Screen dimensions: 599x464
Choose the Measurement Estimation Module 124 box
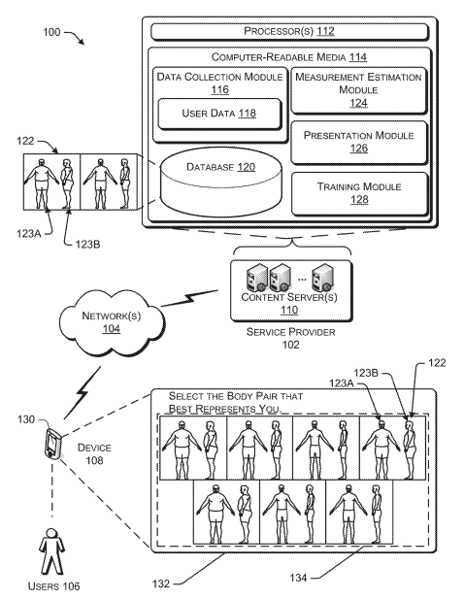pyautogui.click(x=359, y=89)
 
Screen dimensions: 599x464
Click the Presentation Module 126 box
pyautogui.click(x=359, y=142)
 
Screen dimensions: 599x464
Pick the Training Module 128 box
pyautogui.click(x=359, y=192)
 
